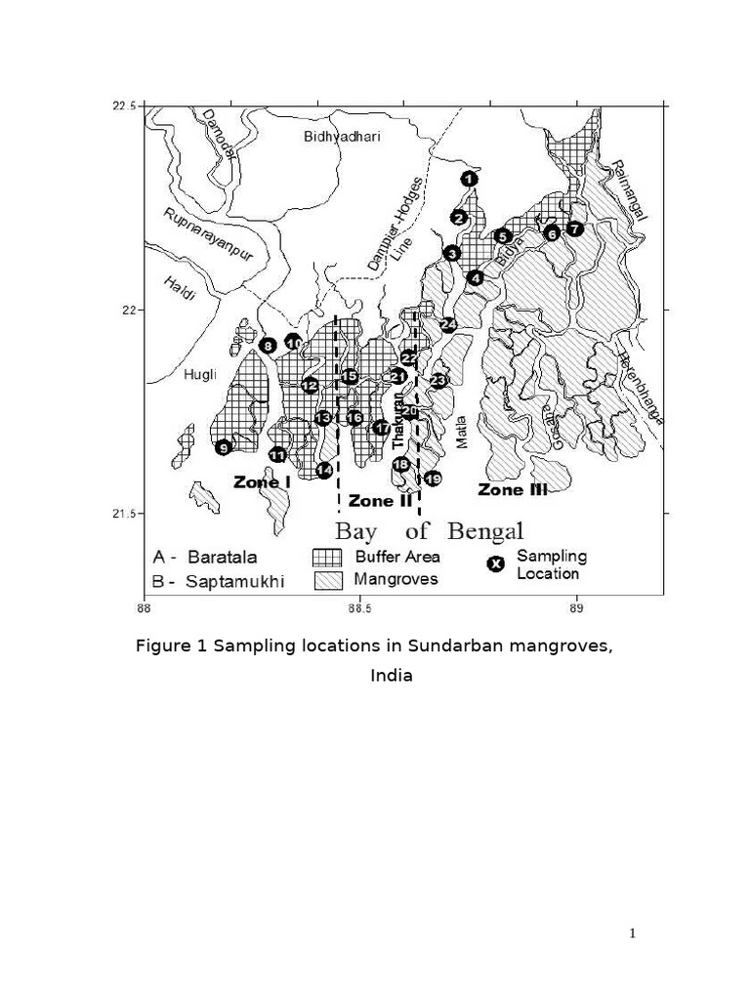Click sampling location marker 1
(470, 179)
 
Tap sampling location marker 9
(224, 447)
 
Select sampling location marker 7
(574, 229)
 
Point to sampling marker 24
(448, 324)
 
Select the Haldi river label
(181, 287)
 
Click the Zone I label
(261, 481)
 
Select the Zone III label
(512, 489)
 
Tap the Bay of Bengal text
(430, 532)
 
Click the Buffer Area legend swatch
(325, 558)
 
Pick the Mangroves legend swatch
(325, 579)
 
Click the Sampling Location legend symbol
(496, 564)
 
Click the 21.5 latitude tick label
(123, 514)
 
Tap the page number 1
(633, 934)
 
